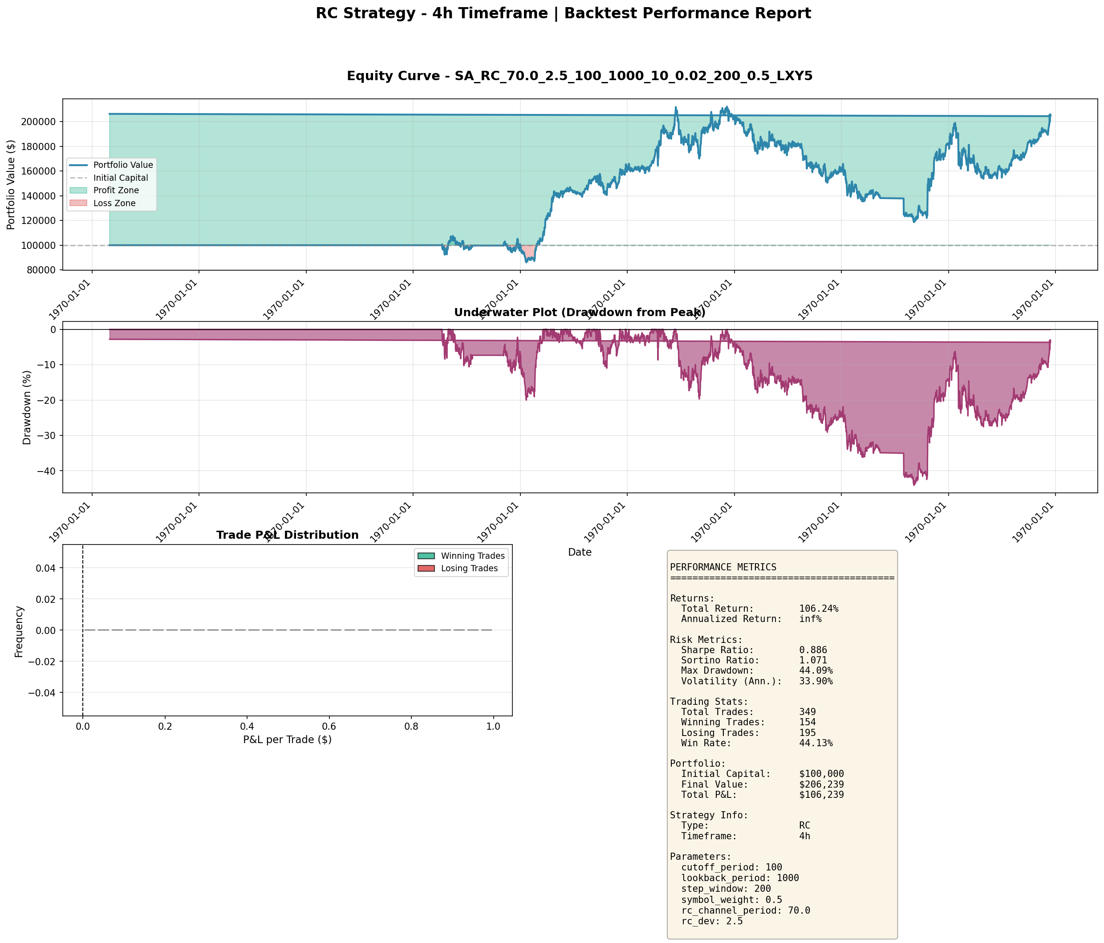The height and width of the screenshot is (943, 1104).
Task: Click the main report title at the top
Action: pos(563,13)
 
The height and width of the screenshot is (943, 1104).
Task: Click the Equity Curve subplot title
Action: pos(579,76)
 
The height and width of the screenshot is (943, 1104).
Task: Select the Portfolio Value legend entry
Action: pos(123,165)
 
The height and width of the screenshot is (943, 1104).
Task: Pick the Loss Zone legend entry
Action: pos(114,203)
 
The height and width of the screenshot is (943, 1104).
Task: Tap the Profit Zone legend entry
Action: pos(116,190)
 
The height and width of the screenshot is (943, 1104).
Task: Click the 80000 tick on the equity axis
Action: pos(42,270)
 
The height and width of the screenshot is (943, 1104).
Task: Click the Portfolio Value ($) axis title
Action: pos(11,185)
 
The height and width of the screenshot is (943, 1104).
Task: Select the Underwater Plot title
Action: pos(579,313)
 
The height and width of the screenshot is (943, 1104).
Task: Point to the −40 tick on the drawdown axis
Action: pos(47,471)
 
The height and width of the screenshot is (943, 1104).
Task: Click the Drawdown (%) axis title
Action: pos(27,407)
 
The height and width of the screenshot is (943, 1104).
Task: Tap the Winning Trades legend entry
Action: pos(472,556)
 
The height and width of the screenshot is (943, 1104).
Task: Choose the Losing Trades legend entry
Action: pos(469,569)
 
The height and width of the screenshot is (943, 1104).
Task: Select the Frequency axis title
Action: pos(19,631)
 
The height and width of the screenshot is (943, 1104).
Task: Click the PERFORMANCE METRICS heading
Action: pos(722,567)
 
